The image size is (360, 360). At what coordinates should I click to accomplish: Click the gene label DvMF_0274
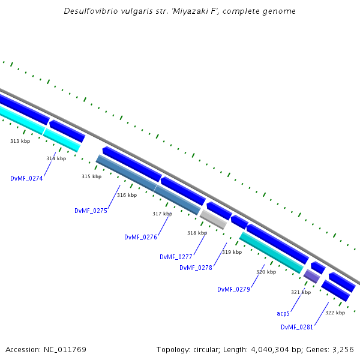click(x=26, y=178)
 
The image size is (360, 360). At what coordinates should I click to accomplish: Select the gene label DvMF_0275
click(x=91, y=211)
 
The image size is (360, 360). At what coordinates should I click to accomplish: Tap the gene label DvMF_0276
click(x=140, y=237)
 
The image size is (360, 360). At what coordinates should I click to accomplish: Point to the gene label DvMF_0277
click(x=176, y=257)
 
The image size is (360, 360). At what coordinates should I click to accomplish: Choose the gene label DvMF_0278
click(x=196, y=268)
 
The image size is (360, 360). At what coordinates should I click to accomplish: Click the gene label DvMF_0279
click(x=233, y=289)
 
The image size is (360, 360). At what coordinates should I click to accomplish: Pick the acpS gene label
click(x=283, y=313)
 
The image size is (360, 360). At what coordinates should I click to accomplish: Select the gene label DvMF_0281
click(x=297, y=327)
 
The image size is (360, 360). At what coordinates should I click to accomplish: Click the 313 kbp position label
click(x=20, y=141)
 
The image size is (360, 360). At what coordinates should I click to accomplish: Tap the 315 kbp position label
click(x=91, y=177)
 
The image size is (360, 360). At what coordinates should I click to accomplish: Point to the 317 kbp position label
click(x=162, y=214)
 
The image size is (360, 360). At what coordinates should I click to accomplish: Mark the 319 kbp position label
click(x=232, y=253)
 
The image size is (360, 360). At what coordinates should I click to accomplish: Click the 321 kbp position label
click(x=301, y=292)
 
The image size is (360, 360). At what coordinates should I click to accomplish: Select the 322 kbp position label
click(x=335, y=313)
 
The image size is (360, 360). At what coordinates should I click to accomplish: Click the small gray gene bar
click(x=213, y=219)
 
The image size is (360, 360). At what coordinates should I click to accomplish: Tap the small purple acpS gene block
click(x=311, y=276)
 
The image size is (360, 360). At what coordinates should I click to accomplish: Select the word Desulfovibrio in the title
click(x=94, y=11)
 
